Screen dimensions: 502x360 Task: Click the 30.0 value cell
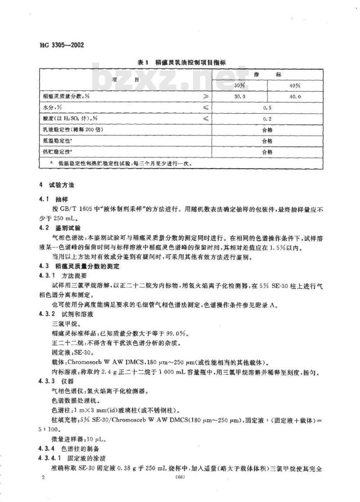point(239,96)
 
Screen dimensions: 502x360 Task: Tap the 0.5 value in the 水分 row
point(267,108)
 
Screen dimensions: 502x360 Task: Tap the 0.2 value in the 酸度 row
point(267,119)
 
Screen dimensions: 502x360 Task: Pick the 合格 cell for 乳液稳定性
point(267,130)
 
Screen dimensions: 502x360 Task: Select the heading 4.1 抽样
point(53,198)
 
